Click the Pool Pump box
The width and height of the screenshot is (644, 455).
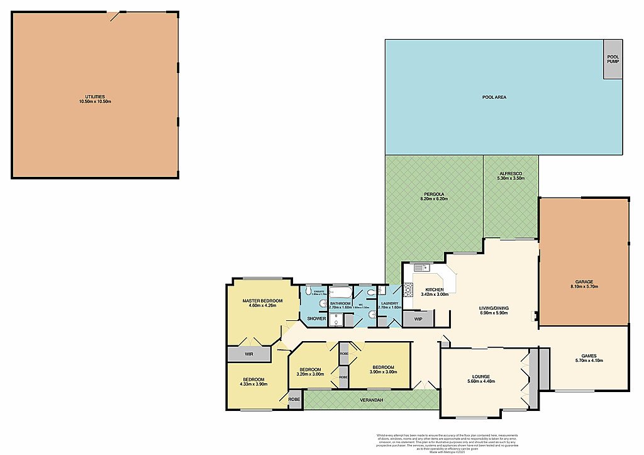coord(613,59)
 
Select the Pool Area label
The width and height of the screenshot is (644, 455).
coord(494,98)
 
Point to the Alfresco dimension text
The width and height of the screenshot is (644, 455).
coord(510,179)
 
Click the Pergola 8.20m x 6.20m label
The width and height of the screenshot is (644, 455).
coord(433,196)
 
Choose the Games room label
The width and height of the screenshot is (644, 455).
coord(589,357)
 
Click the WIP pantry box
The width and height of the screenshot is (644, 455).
coord(418,318)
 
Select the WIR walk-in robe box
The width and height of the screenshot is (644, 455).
coord(249,355)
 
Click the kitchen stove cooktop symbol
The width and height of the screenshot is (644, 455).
coord(408,289)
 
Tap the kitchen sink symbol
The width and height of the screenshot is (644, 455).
coord(419,268)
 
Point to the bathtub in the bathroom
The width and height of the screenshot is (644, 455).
coord(341,293)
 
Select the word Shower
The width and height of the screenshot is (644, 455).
coord(316,318)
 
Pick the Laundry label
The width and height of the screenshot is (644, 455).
coord(389,305)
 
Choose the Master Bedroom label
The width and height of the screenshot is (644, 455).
coord(262,303)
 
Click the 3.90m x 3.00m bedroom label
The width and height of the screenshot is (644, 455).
coord(382,370)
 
